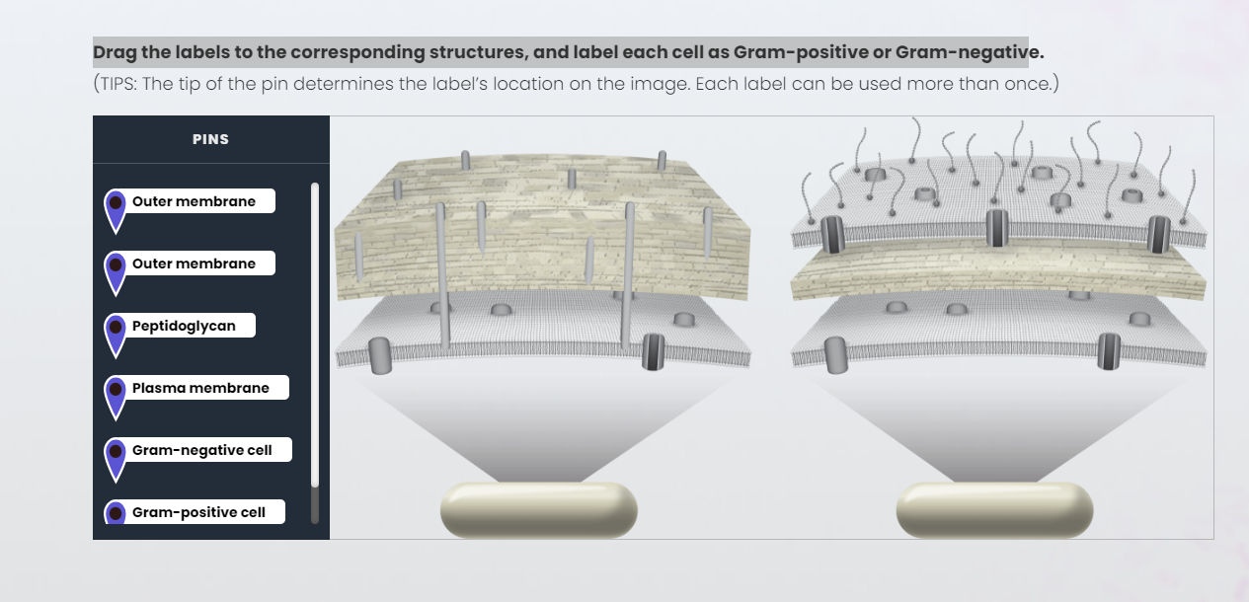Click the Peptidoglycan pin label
click(x=184, y=326)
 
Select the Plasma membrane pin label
click(x=200, y=388)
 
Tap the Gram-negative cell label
click(x=201, y=450)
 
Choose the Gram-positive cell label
click(x=198, y=512)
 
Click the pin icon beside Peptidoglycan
click(x=116, y=333)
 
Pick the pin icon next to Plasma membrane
click(x=116, y=395)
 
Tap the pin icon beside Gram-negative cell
click(x=116, y=457)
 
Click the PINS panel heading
click(x=210, y=139)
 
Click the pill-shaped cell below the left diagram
click(x=538, y=509)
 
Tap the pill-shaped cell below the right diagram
click(x=994, y=509)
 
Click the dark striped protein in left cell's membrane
click(x=653, y=351)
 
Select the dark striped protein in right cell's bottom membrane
click(x=1108, y=350)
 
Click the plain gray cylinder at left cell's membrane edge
click(x=379, y=355)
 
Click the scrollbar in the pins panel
click(x=315, y=336)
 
